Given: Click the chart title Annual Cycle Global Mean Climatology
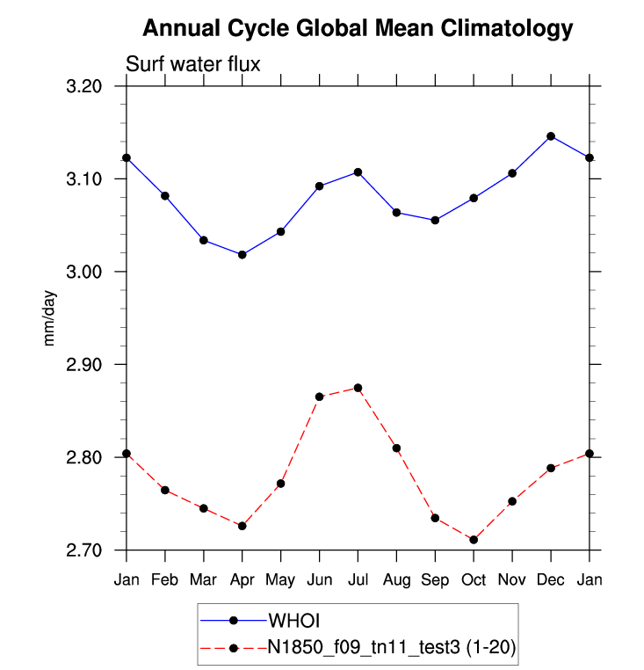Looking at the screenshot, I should click(x=358, y=28).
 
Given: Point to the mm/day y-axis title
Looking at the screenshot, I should click(x=51, y=318).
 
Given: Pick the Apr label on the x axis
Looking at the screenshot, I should click(x=242, y=580).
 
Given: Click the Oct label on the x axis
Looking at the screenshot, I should click(x=474, y=580).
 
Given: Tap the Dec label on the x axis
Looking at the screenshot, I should click(x=551, y=580).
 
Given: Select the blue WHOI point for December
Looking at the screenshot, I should click(x=551, y=136).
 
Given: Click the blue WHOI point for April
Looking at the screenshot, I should click(x=242, y=255).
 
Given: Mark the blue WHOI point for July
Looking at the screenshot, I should click(x=358, y=171).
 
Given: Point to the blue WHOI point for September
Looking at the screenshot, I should click(x=435, y=220).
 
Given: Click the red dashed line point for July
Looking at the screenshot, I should click(x=358, y=388).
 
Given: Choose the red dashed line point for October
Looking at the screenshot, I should click(x=474, y=540).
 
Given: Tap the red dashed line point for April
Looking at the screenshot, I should click(x=242, y=526).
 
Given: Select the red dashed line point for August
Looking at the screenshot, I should click(x=396, y=448).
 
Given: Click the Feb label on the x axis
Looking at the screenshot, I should click(x=165, y=580).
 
